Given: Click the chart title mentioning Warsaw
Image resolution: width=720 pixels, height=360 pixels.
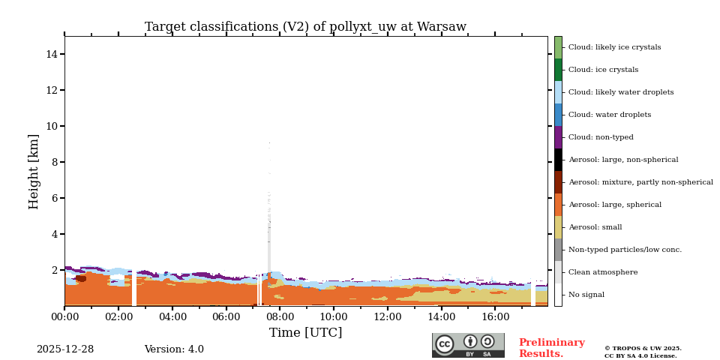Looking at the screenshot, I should click(x=305, y=27).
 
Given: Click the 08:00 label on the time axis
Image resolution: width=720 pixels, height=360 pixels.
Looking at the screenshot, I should click(x=280, y=317).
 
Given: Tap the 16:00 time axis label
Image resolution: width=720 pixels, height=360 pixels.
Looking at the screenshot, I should click(x=495, y=317).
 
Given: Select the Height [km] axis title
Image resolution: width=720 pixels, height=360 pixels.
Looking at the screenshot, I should click(x=34, y=171).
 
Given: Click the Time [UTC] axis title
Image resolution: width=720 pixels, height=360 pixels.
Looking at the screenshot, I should click(x=305, y=333).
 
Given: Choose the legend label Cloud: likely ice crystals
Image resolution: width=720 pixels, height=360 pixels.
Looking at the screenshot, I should click(x=614, y=47).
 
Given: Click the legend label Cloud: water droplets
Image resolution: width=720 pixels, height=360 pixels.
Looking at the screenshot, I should click(x=609, y=115).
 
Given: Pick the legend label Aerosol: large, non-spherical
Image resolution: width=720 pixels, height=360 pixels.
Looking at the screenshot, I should click(x=622, y=160).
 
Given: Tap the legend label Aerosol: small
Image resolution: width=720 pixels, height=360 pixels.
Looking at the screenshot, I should click(x=595, y=227).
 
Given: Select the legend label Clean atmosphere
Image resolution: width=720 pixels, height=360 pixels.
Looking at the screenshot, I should click(x=602, y=272).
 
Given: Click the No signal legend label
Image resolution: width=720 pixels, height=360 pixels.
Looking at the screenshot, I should click(x=586, y=295).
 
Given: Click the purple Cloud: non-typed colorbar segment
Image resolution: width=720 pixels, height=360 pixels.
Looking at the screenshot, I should click(x=558, y=137).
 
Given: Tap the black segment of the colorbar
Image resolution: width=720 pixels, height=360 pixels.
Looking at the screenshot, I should click(x=558, y=160).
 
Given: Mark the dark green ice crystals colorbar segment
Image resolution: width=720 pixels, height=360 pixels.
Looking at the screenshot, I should click(x=558, y=70).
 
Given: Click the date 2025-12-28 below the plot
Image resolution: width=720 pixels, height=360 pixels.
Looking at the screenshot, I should click(x=65, y=349).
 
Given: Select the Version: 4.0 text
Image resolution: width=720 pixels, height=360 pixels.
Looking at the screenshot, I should click(x=174, y=349).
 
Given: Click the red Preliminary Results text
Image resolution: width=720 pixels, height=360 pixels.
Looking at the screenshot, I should click(x=551, y=348).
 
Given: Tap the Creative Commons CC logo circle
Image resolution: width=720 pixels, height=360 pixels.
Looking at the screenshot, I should click(x=445, y=344).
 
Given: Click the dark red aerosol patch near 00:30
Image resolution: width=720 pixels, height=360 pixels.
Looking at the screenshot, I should click(x=81, y=278).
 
